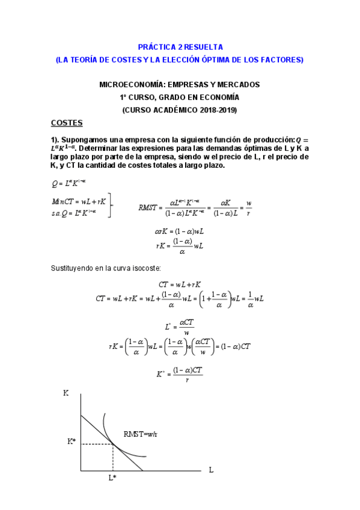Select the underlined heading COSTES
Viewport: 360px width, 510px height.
[x=67, y=123]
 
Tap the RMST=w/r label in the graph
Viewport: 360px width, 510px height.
[x=141, y=434]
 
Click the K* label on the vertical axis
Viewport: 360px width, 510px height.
[x=72, y=441]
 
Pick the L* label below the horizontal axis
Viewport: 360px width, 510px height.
[x=112, y=478]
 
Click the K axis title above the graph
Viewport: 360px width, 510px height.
[x=66, y=393]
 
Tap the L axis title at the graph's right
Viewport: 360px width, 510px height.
[x=211, y=469]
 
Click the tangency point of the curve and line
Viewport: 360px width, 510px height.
[x=113, y=444]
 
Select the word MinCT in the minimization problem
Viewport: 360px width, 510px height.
[x=62, y=201]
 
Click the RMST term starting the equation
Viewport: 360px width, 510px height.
[x=148, y=207]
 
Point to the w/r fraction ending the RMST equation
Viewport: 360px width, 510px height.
[x=249, y=207]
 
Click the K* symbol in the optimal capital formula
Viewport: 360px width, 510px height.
[x=160, y=373]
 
